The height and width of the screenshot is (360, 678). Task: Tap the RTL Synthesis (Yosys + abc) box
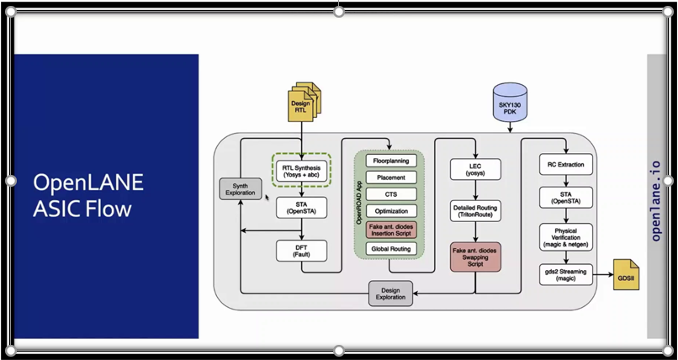[301, 171]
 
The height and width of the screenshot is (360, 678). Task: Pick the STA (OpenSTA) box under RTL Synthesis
[301, 207]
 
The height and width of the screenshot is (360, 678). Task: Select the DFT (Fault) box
[301, 250]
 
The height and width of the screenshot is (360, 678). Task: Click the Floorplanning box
[389, 160]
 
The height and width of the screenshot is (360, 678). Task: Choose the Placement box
[389, 177]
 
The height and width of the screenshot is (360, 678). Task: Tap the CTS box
[389, 194]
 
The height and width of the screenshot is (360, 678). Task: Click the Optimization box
[389, 211]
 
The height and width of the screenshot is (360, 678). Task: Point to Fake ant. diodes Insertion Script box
[389, 230]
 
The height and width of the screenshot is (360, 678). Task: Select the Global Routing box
[389, 250]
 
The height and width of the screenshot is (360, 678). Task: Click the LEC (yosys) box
[475, 169]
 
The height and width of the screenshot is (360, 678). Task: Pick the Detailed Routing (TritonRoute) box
[475, 211]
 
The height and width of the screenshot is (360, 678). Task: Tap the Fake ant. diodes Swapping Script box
[475, 256]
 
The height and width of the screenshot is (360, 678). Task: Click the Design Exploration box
[391, 293]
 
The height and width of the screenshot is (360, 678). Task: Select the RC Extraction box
[565, 164]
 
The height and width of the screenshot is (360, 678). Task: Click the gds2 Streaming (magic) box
[565, 274]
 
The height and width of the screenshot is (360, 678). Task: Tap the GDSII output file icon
[626, 275]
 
